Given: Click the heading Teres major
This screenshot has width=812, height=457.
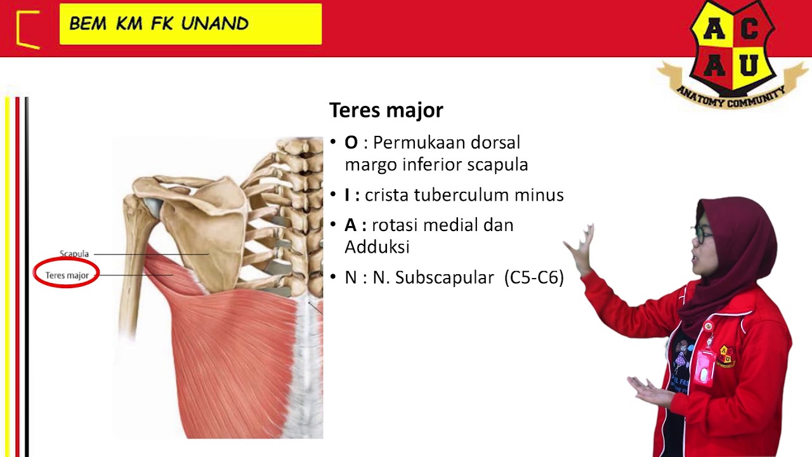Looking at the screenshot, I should [386, 110].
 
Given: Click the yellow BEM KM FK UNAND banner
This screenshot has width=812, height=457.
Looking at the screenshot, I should [190, 24].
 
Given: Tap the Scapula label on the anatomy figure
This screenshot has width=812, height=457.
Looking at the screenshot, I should [74, 254].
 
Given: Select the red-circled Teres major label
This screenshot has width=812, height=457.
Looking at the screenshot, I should [67, 275].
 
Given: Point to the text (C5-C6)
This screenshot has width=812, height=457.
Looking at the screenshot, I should [534, 278].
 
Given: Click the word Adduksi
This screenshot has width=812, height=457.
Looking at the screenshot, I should [377, 247].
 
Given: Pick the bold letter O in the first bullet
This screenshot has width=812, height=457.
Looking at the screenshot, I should [351, 143].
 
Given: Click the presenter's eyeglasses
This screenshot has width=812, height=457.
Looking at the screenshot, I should [703, 234].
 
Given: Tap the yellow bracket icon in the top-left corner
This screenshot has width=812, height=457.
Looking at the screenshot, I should [28, 29].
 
